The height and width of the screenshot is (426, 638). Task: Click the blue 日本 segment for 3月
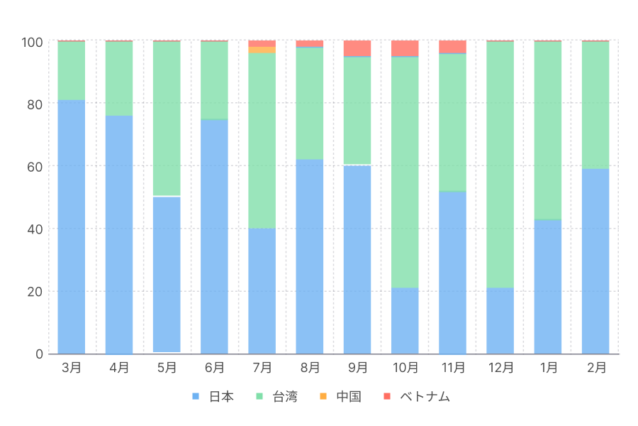72,226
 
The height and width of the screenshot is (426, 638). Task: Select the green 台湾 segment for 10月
405,172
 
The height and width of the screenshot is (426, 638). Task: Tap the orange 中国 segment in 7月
262,50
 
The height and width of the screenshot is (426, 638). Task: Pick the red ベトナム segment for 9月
357,48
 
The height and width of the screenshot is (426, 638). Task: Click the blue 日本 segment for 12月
500,320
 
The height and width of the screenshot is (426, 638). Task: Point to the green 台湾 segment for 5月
167,119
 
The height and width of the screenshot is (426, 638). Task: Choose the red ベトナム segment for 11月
452,47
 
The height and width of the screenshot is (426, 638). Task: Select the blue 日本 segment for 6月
214,236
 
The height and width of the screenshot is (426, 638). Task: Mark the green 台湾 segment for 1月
547,131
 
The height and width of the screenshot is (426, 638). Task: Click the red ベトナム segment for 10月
405,48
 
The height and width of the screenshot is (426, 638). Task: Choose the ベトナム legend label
425,396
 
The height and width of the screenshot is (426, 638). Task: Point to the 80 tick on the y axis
35,104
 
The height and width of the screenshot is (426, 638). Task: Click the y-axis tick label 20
35,291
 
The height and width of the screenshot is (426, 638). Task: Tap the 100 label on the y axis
32,41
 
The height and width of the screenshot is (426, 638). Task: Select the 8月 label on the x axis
310,368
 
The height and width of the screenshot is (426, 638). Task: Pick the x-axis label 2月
596,368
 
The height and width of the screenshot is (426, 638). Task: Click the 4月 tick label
119,368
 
